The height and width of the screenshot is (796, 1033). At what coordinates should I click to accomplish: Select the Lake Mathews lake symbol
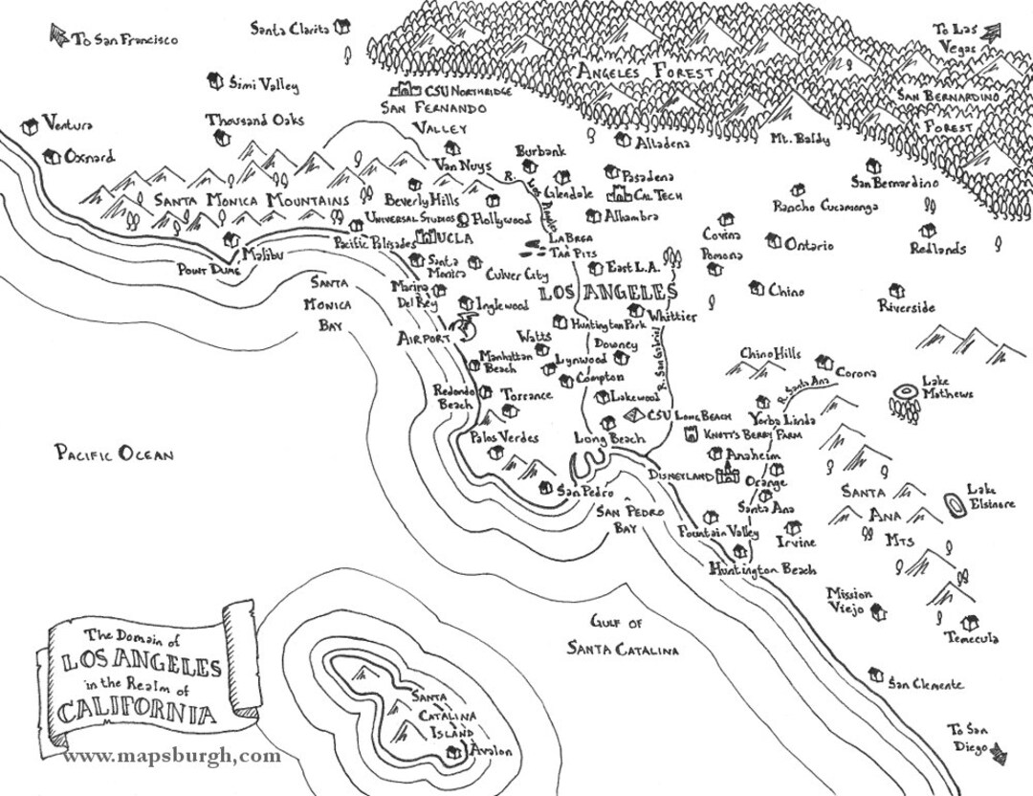pos(904,392)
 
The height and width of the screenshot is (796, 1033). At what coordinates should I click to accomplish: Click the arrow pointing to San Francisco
pos(56,37)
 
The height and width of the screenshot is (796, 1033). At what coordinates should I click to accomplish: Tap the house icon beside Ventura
pos(31,124)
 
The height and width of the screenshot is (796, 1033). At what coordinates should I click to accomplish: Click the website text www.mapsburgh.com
pos(172,756)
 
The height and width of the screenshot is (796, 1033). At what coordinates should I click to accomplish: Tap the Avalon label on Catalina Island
pos(491,751)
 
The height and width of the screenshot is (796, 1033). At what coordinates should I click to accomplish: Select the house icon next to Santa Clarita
pos(341,29)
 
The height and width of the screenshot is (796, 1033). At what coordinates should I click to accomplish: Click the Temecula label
pos(972,638)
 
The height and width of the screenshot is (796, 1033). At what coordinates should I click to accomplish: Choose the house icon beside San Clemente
pos(875,675)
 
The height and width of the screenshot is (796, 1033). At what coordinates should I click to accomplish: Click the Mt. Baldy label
pos(801,139)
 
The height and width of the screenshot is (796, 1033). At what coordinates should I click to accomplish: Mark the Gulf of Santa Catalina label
pos(622,636)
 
